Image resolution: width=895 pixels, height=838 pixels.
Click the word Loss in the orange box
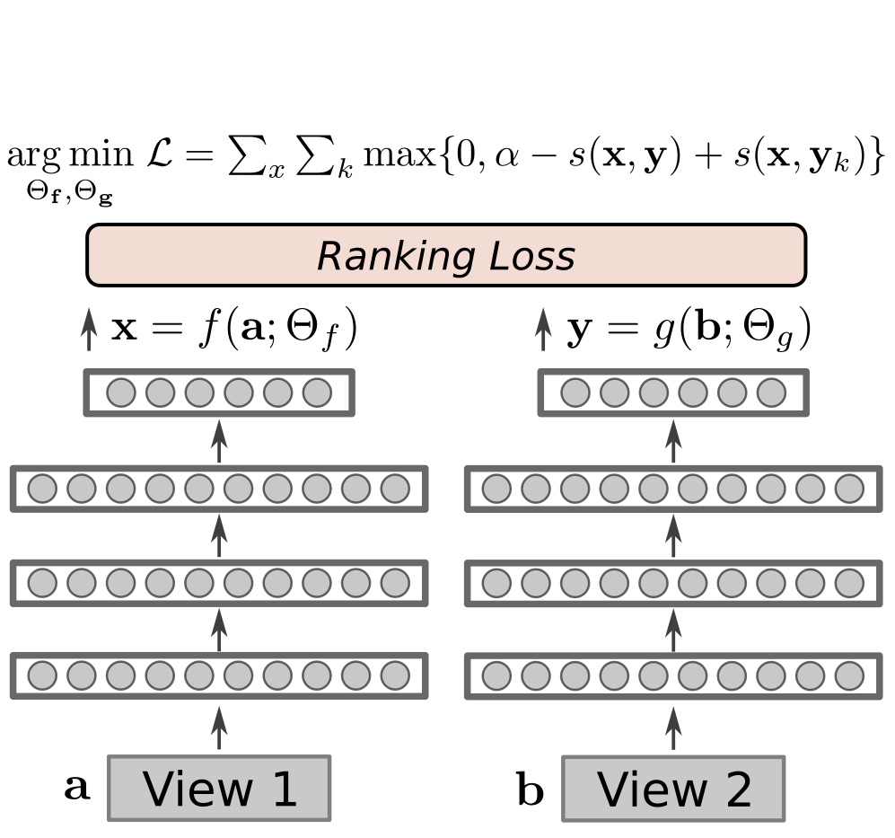click(531, 257)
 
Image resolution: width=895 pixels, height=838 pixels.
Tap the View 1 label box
click(219, 789)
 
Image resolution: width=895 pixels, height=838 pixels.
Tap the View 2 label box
click(673, 789)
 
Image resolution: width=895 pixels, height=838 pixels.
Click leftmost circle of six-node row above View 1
click(121, 393)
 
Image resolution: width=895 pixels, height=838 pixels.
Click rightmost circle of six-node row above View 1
click(317, 393)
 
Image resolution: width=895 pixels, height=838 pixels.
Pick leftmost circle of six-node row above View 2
click(575, 393)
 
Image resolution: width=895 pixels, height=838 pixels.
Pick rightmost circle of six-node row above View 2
click(771, 393)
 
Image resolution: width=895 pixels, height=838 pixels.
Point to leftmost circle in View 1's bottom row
click(42, 675)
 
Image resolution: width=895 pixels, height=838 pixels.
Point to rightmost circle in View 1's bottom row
click(395, 675)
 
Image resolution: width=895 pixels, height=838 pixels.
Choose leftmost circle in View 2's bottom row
click(496, 675)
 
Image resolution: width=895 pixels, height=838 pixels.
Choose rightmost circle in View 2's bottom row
click(849, 675)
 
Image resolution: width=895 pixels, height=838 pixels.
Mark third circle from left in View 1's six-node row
click(199, 393)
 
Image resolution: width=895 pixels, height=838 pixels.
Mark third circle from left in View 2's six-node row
click(654, 393)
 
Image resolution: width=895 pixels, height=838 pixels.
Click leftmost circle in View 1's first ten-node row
click(42, 489)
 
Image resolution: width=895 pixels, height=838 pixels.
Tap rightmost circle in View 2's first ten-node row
click(849, 489)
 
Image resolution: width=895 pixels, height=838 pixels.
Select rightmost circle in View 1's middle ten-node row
click(395, 583)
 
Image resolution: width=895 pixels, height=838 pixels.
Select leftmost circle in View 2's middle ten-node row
click(496, 583)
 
